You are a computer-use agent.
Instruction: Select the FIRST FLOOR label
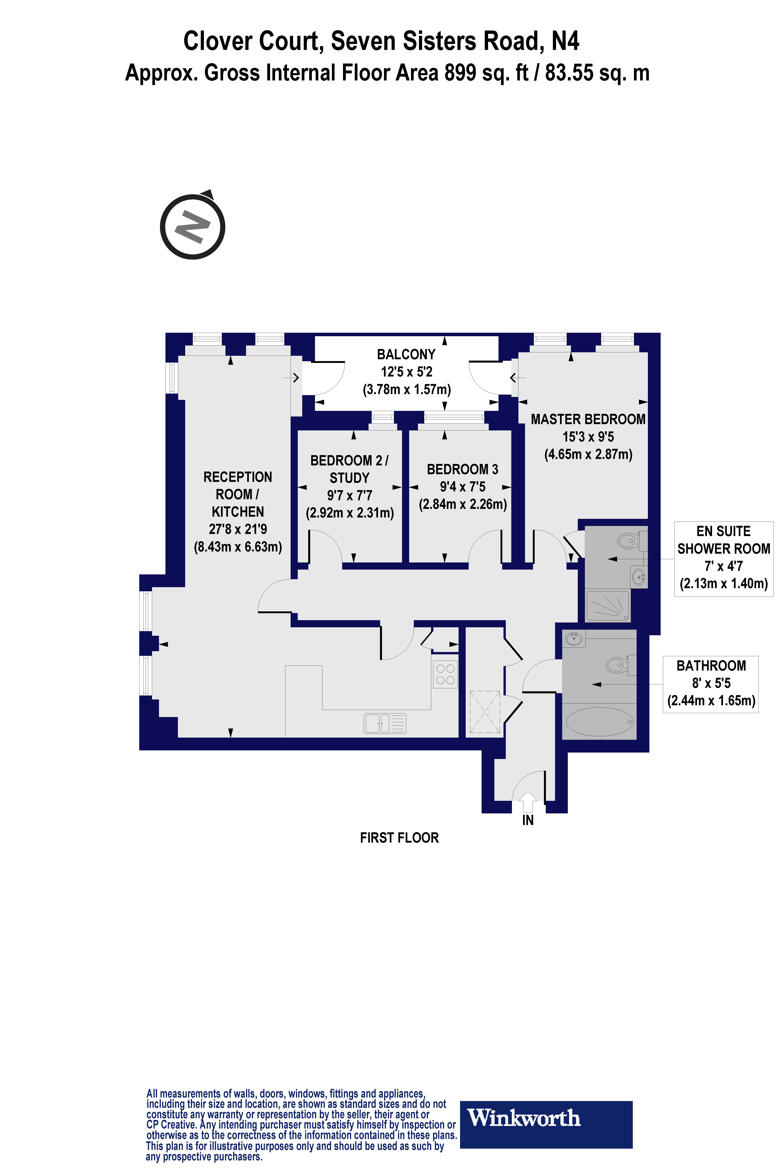click(x=399, y=838)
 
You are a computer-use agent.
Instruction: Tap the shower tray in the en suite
click(x=608, y=606)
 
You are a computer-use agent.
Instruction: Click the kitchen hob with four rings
click(x=445, y=674)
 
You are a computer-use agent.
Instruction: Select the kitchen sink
click(x=384, y=723)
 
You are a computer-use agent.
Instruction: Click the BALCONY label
click(x=406, y=354)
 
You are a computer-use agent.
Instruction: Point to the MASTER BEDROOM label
click(x=588, y=419)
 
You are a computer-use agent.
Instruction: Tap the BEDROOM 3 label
click(x=462, y=469)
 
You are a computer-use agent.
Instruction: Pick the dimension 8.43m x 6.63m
click(x=238, y=547)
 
